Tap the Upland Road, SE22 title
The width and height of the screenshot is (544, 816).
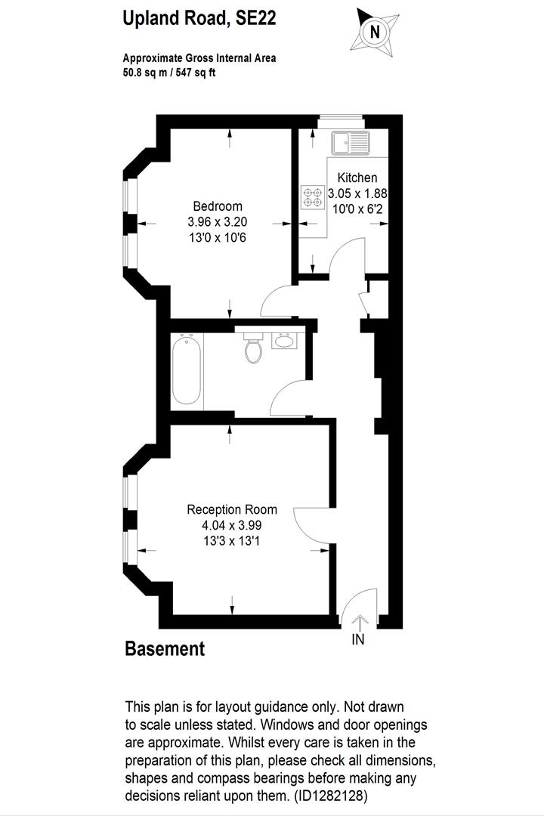(199, 19)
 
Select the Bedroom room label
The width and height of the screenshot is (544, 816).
(218, 206)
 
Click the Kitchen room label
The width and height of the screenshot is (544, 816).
(357, 178)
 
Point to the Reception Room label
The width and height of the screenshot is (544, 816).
(232, 509)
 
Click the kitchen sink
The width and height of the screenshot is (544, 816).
(350, 142)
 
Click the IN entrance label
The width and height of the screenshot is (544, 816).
(358, 639)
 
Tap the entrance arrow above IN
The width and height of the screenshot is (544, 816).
(359, 622)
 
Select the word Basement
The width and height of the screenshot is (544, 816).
(164, 648)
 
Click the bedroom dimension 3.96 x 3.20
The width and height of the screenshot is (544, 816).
(218, 222)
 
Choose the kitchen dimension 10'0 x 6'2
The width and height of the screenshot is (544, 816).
(357, 208)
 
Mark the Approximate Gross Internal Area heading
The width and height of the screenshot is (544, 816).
(199, 58)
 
